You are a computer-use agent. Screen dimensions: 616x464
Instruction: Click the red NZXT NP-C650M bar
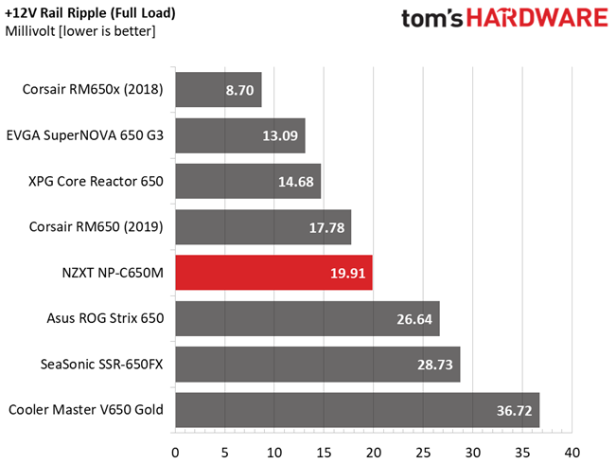pos(273,273)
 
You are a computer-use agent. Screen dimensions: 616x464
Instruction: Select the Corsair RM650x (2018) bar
pos(219,89)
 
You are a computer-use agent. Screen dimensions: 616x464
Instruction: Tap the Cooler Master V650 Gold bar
pos(358,410)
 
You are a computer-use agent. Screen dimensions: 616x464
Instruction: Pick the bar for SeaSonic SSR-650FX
pos(318,365)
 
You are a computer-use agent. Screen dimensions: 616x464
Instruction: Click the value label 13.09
pos(280,135)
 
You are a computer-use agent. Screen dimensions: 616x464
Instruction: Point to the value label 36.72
pos(514,411)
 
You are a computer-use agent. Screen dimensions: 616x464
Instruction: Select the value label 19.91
pos(347,273)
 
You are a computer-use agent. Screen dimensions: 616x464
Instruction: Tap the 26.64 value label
pos(414,319)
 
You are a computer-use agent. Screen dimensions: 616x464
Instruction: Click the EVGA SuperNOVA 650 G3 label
pos(85,135)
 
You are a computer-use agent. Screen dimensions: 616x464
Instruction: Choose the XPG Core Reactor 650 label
pos(96,181)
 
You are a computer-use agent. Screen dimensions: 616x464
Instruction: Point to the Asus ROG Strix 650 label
pos(105,318)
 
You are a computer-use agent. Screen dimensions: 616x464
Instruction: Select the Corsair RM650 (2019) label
pos(97,227)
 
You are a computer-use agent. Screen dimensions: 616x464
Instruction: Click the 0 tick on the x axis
pos(175,453)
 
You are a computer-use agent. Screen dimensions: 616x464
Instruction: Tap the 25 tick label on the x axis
pos(423,453)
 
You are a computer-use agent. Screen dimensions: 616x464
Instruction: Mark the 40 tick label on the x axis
pos(572,453)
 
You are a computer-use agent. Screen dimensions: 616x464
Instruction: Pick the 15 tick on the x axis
pos(324,453)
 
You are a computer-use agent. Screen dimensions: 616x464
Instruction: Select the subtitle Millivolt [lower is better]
pos(80,31)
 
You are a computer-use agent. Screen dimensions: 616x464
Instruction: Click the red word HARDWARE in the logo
pos(537,19)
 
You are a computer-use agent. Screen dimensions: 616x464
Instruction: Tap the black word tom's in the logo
pos(432,19)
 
